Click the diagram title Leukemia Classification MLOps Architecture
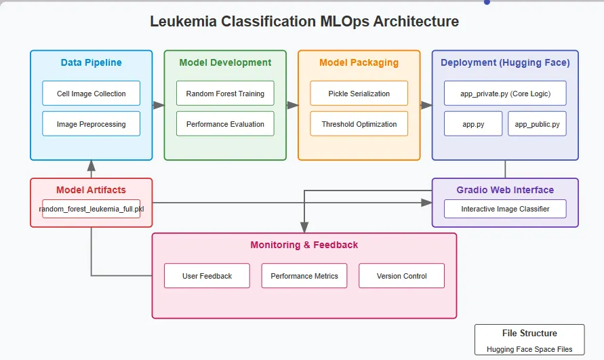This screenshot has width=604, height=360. click(x=304, y=21)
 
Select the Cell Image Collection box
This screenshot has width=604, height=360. click(x=91, y=94)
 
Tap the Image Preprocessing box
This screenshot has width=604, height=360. click(x=91, y=124)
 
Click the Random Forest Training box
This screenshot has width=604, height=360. click(x=225, y=94)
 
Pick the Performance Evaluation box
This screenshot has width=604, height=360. click(x=225, y=124)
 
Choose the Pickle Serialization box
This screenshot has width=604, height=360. click(x=359, y=94)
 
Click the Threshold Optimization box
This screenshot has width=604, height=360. click(x=359, y=124)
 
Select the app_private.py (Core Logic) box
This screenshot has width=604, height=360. click(x=505, y=94)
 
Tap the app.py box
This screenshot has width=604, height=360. click(x=473, y=124)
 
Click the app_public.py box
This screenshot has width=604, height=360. click(x=537, y=124)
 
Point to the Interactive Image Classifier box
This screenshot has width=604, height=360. click(x=505, y=209)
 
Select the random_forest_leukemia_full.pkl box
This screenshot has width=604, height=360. click(x=91, y=209)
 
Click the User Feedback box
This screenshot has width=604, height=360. click(x=207, y=276)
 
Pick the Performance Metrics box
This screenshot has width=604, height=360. click(x=304, y=276)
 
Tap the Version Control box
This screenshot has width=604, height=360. click(x=401, y=276)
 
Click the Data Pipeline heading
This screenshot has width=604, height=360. click(x=91, y=62)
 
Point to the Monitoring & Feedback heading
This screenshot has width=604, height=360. click(x=304, y=245)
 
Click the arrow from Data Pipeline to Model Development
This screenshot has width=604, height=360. click(x=158, y=105)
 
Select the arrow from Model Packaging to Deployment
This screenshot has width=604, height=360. click(x=426, y=105)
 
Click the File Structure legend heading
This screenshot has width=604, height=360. click(x=529, y=334)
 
